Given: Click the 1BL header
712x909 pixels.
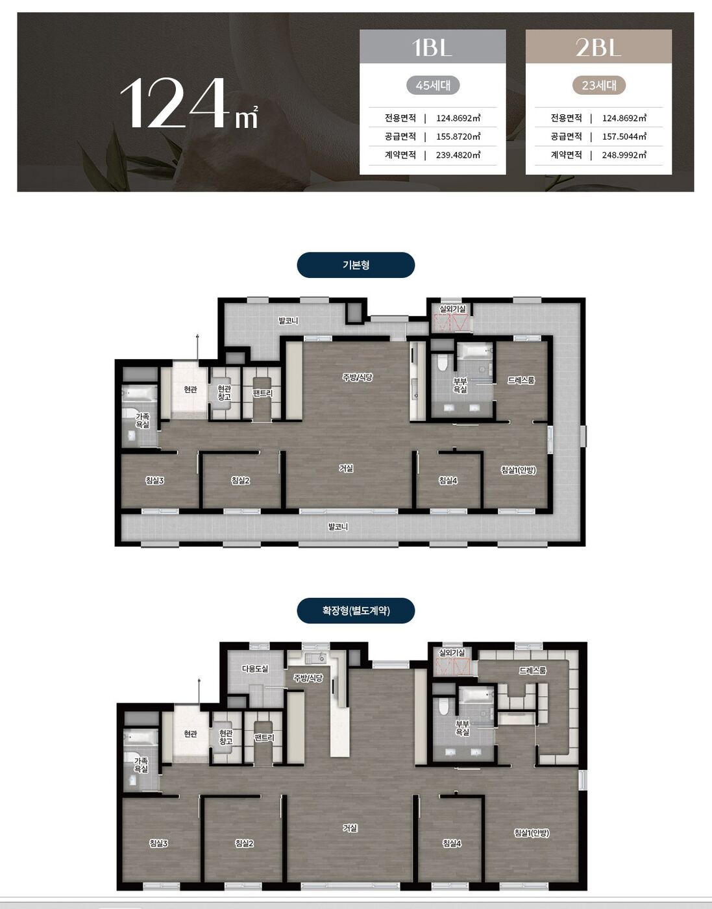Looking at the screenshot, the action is tap(432, 47).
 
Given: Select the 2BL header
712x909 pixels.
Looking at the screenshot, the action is tap(598, 47).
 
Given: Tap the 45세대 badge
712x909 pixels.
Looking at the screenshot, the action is tap(433, 85).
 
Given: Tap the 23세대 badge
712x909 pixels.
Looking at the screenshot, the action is tap(598, 85).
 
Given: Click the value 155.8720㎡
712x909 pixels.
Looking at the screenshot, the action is tap(458, 136).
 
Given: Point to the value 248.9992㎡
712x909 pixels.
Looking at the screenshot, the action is tap(624, 155).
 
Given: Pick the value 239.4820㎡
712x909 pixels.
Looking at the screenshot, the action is tap(458, 155).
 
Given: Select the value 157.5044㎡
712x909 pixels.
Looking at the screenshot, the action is tap(624, 136).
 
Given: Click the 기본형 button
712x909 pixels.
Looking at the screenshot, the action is tap(356, 265).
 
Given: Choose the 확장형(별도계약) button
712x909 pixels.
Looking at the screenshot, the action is tap(356, 611).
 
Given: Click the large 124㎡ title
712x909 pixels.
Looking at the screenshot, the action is tap(189, 104).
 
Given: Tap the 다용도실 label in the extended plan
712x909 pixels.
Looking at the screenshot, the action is tap(255, 669).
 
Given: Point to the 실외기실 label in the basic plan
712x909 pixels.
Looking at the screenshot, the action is tap(452, 308).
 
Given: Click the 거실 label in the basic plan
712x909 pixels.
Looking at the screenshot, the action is tap(346, 468).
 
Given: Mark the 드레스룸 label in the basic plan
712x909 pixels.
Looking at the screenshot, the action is tap(521, 380).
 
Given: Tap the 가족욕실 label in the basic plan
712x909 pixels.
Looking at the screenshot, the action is tap(143, 420).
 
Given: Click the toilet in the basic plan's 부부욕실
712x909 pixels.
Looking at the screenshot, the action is tap(442, 362).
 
